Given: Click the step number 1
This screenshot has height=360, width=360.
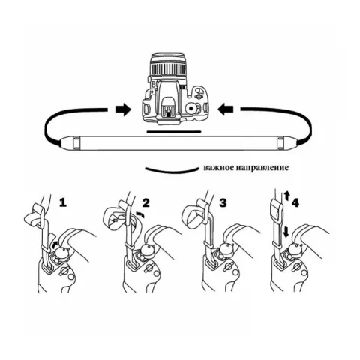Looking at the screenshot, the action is pos(63,202).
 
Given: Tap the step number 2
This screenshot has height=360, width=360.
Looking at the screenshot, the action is pos(145,203).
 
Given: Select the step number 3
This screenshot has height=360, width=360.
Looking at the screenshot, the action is pos(223,203).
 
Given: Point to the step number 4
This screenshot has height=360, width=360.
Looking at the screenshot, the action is pos(295,203).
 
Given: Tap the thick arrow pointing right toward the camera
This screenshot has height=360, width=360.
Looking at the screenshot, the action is pos(123,109).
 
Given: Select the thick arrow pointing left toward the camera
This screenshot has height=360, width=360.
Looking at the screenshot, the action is pos(226,109).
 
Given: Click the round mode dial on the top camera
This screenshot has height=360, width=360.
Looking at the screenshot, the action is pos(191,108).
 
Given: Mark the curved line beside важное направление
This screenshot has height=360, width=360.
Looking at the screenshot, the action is pos(171,171).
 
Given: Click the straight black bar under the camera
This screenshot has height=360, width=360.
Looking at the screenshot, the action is pos(174,131).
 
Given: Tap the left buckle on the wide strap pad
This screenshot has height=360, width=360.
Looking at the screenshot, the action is pos(76,143).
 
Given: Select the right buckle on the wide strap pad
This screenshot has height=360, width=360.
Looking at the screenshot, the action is pos(281,143).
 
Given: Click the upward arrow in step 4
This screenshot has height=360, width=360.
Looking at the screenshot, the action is pos(287,196).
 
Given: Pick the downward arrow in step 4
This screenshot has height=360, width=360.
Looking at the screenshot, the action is pos(286,232).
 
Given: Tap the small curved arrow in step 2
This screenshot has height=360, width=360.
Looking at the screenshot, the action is pos(139,214).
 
